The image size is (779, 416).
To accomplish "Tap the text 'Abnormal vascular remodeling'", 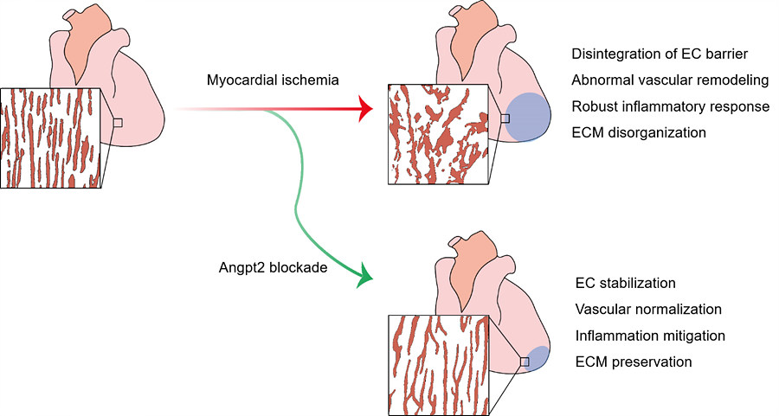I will (x=670, y=80).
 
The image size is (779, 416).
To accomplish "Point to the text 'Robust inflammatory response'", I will (x=670, y=106).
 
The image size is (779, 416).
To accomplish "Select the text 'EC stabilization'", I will (x=625, y=283).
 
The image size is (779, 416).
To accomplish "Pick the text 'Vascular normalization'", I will (x=647, y=309).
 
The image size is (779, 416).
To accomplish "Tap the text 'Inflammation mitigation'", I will (x=649, y=335).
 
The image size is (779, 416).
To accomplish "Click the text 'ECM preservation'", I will (x=633, y=362).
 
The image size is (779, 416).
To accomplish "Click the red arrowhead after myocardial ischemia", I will (x=364, y=110).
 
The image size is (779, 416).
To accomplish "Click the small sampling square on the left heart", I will (x=118, y=124).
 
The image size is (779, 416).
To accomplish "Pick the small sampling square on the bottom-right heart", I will (x=524, y=362).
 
